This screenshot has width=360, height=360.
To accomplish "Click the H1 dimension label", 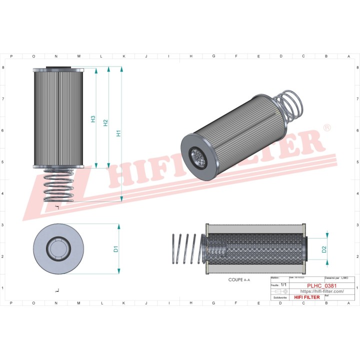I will pyautogui.click(x=118, y=133).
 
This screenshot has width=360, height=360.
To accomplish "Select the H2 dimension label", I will pyautogui.click(x=105, y=122).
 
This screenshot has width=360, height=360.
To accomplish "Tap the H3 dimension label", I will pyautogui.click(x=93, y=119).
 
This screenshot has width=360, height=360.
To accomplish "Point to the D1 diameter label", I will pyautogui.click(x=115, y=248).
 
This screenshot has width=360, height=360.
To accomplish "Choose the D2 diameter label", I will pyautogui.click(x=324, y=248).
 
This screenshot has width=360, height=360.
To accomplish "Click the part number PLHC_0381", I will pyautogui.click(x=321, y=285).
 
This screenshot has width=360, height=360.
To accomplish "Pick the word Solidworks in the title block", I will pyautogui.click(x=280, y=297).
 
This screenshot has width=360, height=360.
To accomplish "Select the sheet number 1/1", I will pyautogui.click(x=283, y=284).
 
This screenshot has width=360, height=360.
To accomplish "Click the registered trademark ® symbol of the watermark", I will pyautogui.click(x=327, y=128).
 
